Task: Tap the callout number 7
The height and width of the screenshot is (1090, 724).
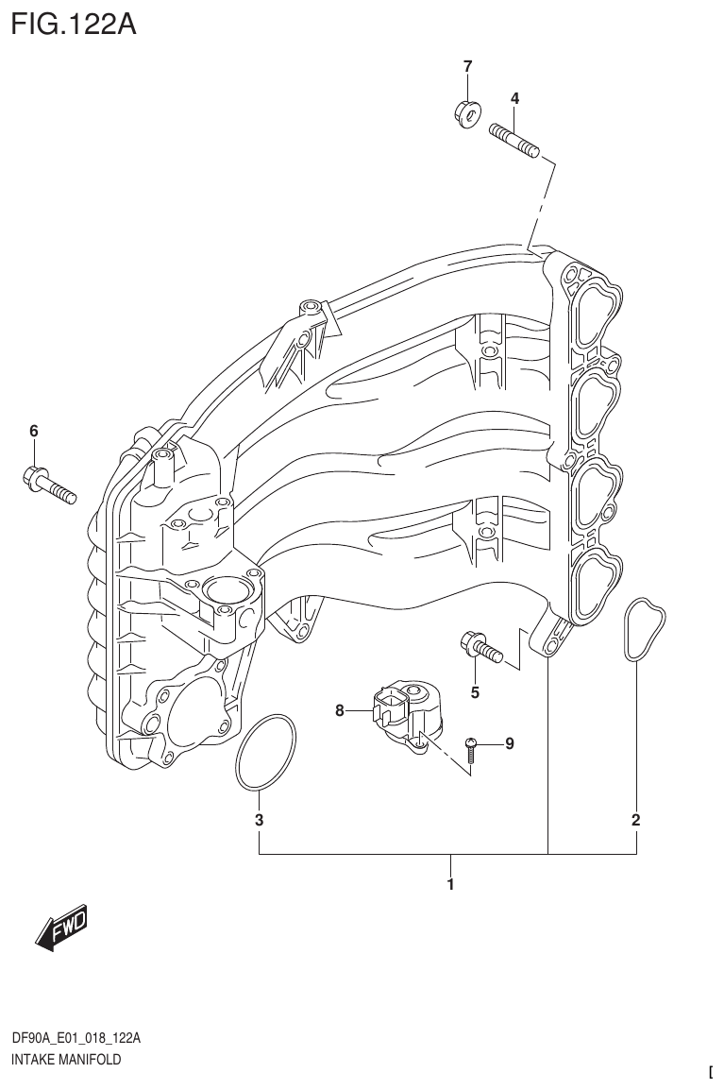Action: coord(466,66)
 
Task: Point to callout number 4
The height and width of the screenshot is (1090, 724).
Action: coord(514,98)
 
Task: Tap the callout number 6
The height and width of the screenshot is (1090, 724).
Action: coord(33,431)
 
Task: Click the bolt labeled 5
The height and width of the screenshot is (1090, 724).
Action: coord(480,649)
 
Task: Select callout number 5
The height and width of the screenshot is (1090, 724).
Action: coord(475,692)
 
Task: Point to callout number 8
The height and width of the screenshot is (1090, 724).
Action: coord(340,711)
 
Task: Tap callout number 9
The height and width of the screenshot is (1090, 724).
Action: coord(509,744)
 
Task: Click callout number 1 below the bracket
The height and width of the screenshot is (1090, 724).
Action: coord(450,885)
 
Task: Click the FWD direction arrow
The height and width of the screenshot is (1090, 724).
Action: coord(61,930)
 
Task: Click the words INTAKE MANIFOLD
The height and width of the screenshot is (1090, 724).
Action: coord(66,1060)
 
